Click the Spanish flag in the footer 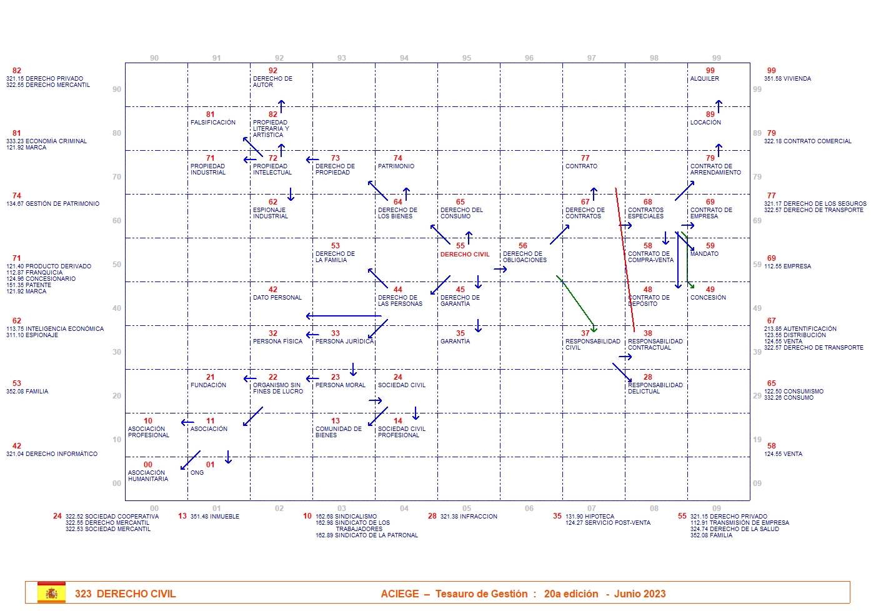point(51,593)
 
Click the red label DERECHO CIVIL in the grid point(464,255)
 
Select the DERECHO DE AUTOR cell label point(272,82)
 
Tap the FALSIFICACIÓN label point(213,123)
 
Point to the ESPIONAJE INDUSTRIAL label point(271,213)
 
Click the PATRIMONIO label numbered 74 point(396,166)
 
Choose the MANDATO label point(704,254)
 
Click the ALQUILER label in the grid point(704,79)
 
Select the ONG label point(197,473)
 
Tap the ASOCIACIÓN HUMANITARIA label point(148,476)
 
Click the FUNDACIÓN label point(208,385)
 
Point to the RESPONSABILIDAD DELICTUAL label point(655,388)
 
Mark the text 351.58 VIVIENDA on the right point(787,79)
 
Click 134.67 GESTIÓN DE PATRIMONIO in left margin point(52,204)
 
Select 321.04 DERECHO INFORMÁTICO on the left point(52,454)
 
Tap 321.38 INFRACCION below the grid point(469,517)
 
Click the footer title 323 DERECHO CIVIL point(125,594)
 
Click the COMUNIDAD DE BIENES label point(338,432)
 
